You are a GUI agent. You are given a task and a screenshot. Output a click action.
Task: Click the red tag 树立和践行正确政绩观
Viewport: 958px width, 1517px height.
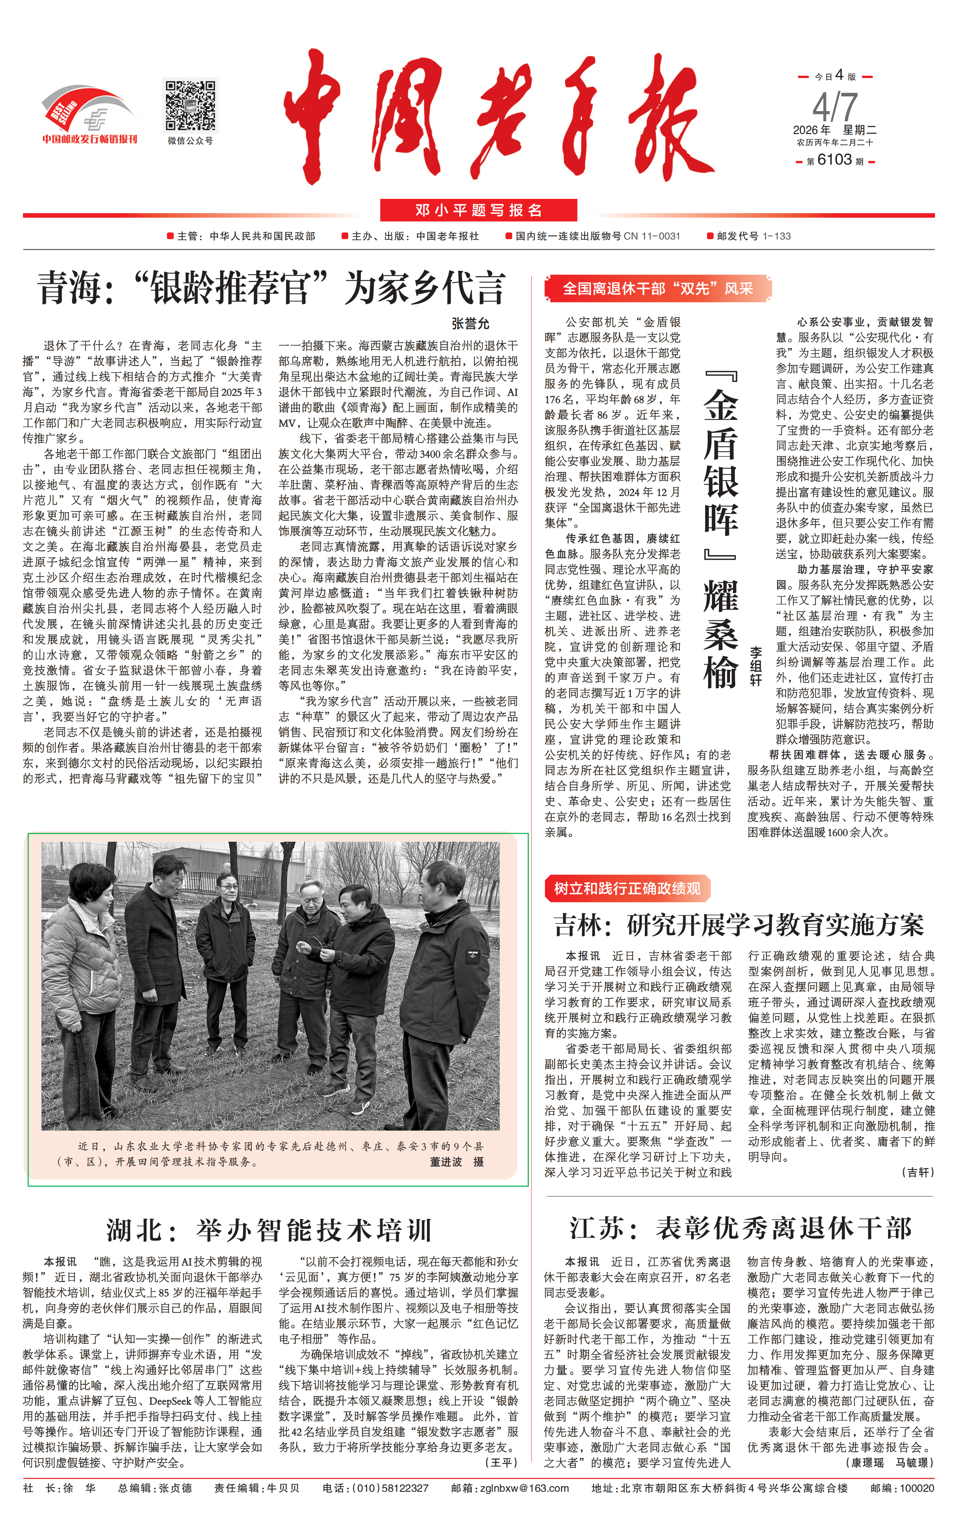[627, 888]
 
